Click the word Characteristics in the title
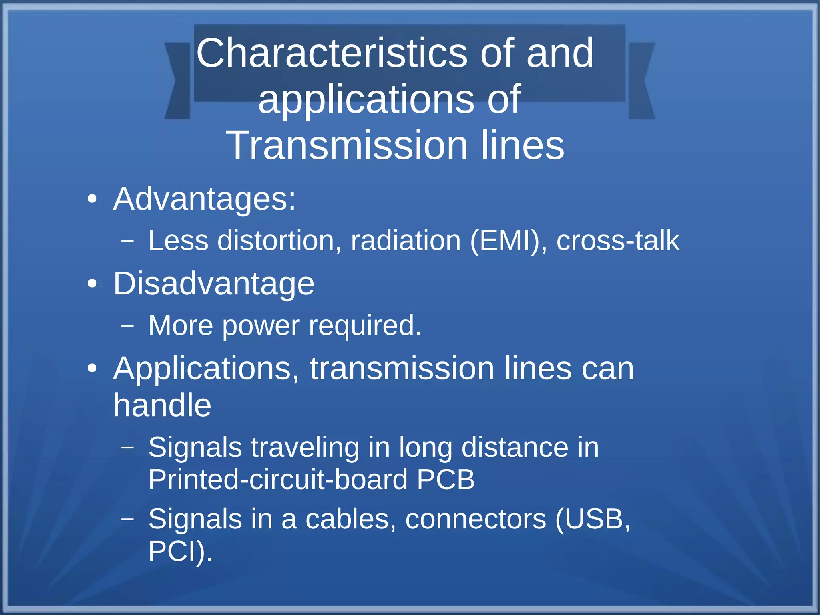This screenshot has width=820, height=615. click(x=332, y=53)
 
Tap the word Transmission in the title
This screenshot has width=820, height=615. click(x=347, y=145)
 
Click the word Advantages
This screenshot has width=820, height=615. click(x=204, y=199)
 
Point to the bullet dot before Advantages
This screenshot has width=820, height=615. click(x=92, y=199)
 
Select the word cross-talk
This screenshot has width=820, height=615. click(x=618, y=241)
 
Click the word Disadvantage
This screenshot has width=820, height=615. click(x=213, y=284)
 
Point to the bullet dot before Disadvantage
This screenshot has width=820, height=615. click(x=92, y=284)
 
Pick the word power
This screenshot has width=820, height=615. click(x=261, y=325)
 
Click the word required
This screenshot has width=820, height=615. click(x=365, y=325)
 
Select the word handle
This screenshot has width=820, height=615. click(x=162, y=405)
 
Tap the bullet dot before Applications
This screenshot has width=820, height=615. click(x=92, y=369)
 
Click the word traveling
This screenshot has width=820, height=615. click(x=305, y=447)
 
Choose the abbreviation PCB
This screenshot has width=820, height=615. click(x=446, y=479)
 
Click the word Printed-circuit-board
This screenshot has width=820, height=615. click(x=278, y=479)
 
